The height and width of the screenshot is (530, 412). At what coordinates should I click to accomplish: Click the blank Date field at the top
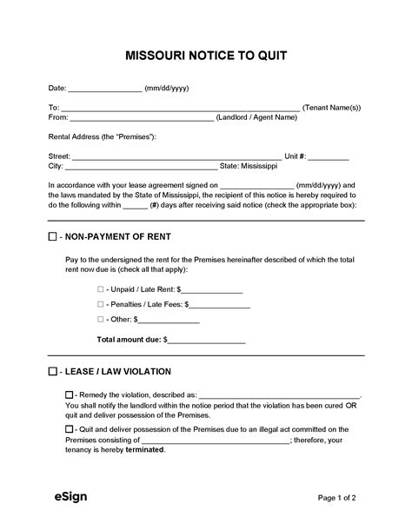[x=104, y=89]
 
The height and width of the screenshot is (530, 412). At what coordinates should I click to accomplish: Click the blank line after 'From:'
[x=141, y=118]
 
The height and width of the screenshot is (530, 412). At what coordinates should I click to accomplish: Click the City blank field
[x=141, y=167]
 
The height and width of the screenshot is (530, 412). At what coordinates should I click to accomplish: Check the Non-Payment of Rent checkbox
[x=53, y=236]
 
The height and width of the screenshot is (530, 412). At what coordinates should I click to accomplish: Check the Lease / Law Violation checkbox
[x=53, y=372]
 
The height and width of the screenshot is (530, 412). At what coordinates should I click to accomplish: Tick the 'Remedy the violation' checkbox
[x=70, y=394]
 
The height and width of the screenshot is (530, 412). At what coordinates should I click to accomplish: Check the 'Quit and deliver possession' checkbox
[x=70, y=429]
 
